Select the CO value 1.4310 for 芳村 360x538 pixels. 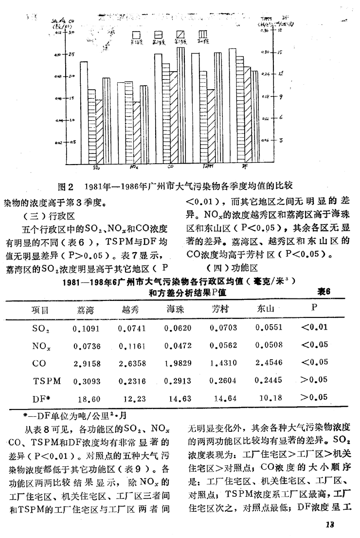[x=223, y=363]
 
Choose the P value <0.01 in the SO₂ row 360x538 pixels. [x=314, y=327]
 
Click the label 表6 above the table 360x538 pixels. [x=324, y=292]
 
